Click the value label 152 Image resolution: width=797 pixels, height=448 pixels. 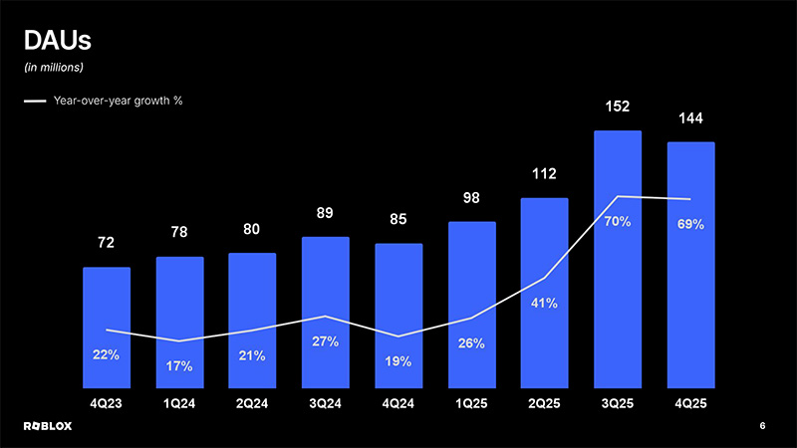pyautogui.click(x=618, y=106)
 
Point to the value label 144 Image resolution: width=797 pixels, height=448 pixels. pyautogui.click(x=690, y=118)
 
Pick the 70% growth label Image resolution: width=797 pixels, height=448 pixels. pyautogui.click(x=618, y=221)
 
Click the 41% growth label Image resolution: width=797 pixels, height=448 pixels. pyautogui.click(x=544, y=303)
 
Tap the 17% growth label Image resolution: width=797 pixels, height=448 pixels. pyautogui.click(x=179, y=366)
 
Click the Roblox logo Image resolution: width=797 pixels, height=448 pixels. pyautogui.click(x=50, y=426)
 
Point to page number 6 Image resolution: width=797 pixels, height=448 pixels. pyautogui.click(x=762, y=426)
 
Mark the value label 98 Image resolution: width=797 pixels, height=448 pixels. pyautogui.click(x=471, y=199)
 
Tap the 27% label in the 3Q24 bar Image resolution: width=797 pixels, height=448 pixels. pyautogui.click(x=325, y=341)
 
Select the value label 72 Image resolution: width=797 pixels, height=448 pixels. pyautogui.click(x=107, y=243)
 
